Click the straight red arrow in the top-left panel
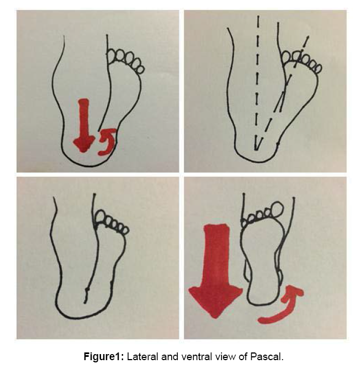[83, 125]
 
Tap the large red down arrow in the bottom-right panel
[215, 271]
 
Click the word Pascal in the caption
[267, 357]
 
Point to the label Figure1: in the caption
[104, 357]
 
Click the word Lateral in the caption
[142, 357]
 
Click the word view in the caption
[225, 357]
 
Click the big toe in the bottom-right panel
[277, 209]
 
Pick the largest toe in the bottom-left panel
[100, 217]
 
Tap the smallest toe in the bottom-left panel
[125, 230]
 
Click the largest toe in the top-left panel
[112, 55]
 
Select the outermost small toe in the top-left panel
[141, 69]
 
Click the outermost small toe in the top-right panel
[318, 68]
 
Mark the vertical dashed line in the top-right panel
[257, 83]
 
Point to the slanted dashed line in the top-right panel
[282, 93]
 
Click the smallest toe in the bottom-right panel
[244, 223]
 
